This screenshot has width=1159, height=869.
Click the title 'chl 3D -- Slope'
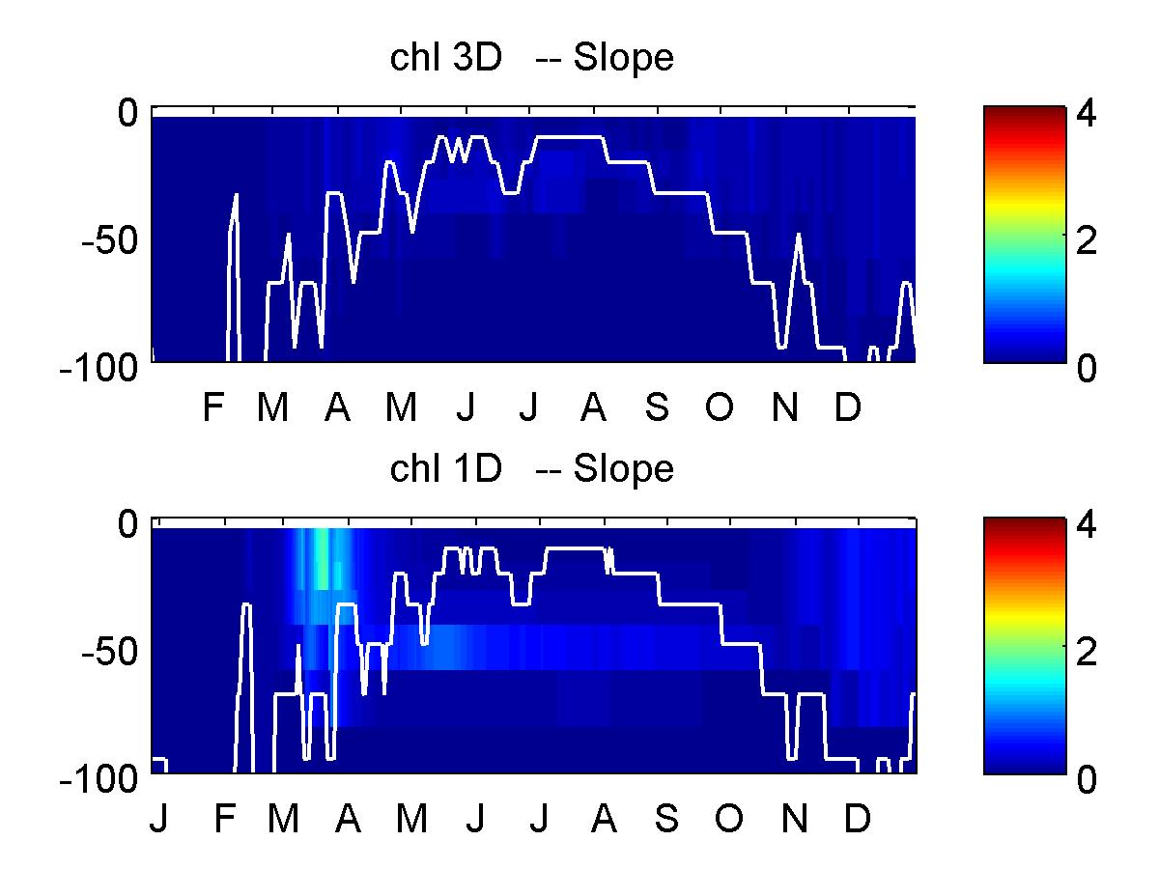click(532, 58)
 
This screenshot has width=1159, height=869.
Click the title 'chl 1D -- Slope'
click(532, 468)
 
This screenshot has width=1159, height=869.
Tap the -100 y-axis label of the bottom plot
click(99, 779)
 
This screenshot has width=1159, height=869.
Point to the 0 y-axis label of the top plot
click(128, 112)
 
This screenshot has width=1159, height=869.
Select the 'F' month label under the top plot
click(213, 406)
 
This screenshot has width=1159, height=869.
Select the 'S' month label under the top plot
click(657, 406)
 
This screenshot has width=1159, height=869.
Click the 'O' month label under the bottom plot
click(729, 819)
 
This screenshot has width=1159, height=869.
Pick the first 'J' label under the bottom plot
click(159, 819)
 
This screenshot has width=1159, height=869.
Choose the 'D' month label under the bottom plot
click(858, 819)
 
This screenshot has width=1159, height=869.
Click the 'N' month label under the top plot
click(785, 406)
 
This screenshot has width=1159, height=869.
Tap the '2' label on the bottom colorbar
click(1087, 652)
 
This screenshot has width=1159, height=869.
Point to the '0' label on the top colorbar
click(1087, 368)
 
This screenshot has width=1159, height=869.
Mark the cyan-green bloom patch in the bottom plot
click(322, 558)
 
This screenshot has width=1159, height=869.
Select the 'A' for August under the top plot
click(593, 406)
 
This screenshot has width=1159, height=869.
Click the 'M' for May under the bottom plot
click(411, 819)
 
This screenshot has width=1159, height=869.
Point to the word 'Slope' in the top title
click(624, 58)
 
